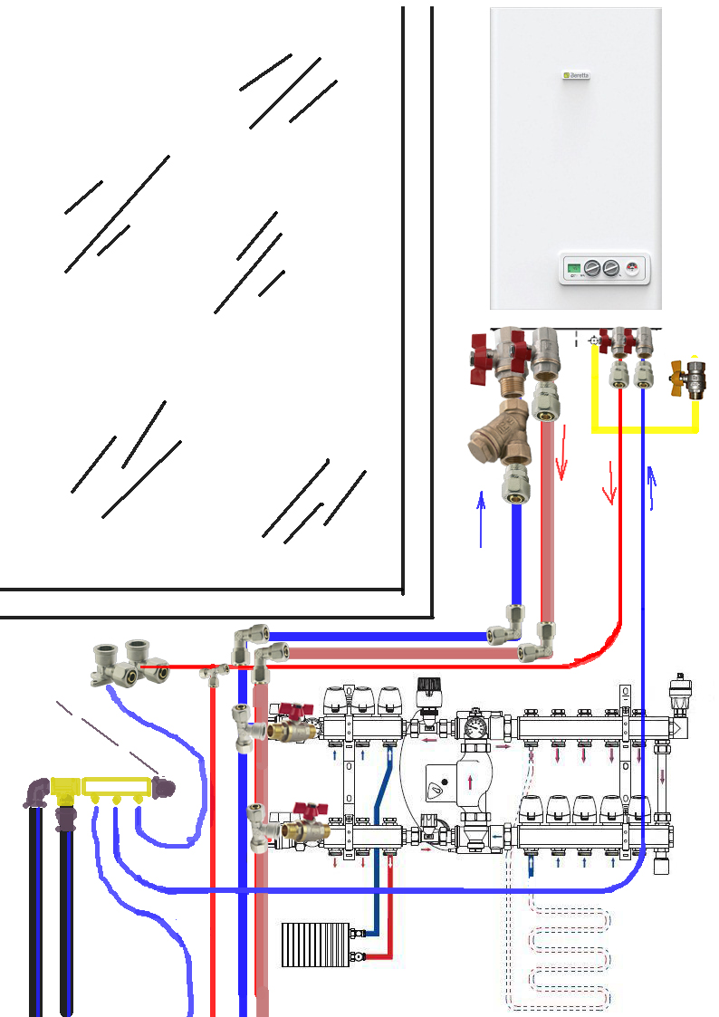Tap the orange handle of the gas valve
676,372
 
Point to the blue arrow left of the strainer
481,516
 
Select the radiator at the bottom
314,944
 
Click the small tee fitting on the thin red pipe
216,674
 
